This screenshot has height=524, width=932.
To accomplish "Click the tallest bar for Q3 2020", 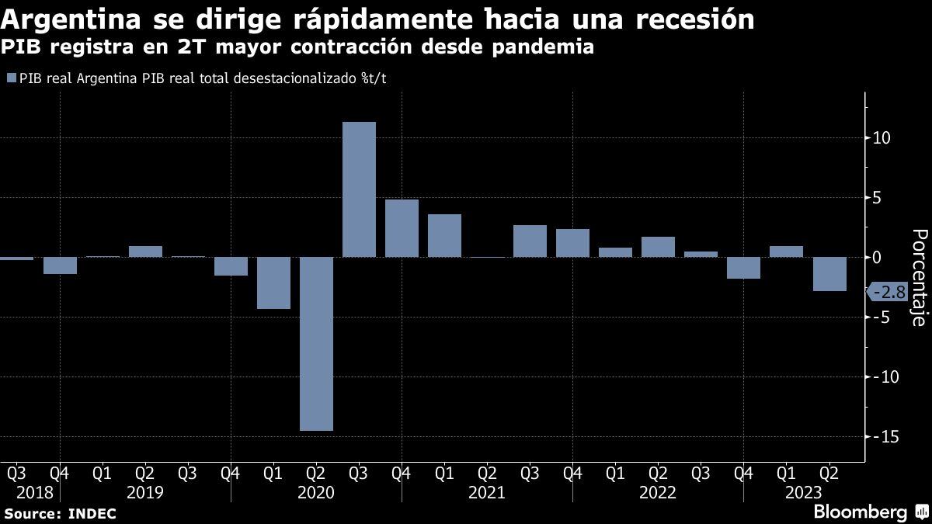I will [x=359, y=189].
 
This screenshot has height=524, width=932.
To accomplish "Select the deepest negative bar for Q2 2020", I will [x=316, y=343].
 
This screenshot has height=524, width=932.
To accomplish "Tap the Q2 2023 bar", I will [x=829, y=274].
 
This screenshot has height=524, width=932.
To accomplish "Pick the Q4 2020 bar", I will [x=402, y=228].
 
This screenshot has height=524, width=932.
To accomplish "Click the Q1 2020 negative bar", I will [x=273, y=283].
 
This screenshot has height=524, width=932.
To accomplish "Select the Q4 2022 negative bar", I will [x=744, y=268].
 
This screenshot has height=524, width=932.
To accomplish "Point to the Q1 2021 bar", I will [x=444, y=235].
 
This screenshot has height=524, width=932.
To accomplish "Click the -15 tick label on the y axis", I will [x=885, y=437].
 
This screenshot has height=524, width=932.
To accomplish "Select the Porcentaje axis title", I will [x=917, y=277].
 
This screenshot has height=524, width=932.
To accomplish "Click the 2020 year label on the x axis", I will [x=316, y=492].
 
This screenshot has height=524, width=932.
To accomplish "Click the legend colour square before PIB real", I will [x=11, y=78].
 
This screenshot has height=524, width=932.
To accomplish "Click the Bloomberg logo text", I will [x=860, y=512].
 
